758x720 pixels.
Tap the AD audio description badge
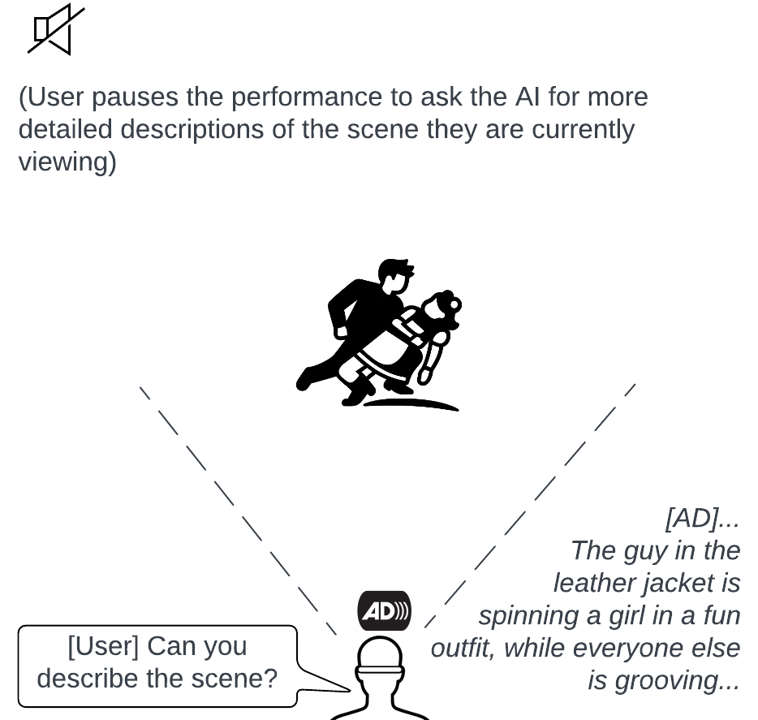[384, 611]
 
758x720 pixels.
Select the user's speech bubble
[157, 664]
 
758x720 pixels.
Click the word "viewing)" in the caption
[67, 162]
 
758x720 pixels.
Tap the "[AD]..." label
[703, 518]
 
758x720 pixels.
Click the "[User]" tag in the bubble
[104, 647]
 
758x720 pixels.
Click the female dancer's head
[443, 308]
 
